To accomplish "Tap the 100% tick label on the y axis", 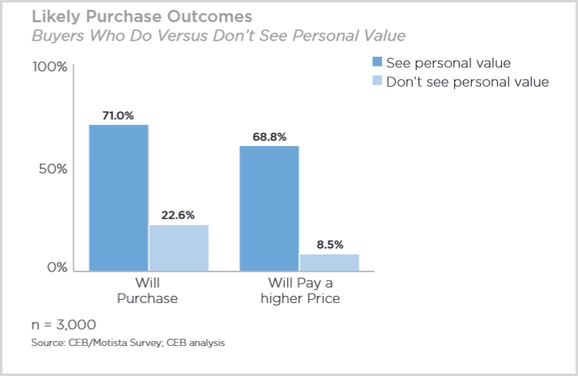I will (49, 66).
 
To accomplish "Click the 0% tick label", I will (56, 267).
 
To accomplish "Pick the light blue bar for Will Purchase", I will (179, 247).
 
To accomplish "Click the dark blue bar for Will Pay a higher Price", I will (269, 208).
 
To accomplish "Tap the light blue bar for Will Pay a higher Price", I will (329, 262).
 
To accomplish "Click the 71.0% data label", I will (118, 115).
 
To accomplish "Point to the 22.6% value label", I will (179, 216).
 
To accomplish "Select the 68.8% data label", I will (269, 136).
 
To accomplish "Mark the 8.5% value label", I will (329, 244).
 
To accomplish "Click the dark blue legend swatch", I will (376, 62).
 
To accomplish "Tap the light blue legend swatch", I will (376, 81).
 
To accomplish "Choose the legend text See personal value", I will (448, 62).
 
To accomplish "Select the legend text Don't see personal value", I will (467, 81).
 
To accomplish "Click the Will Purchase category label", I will (147, 290).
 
